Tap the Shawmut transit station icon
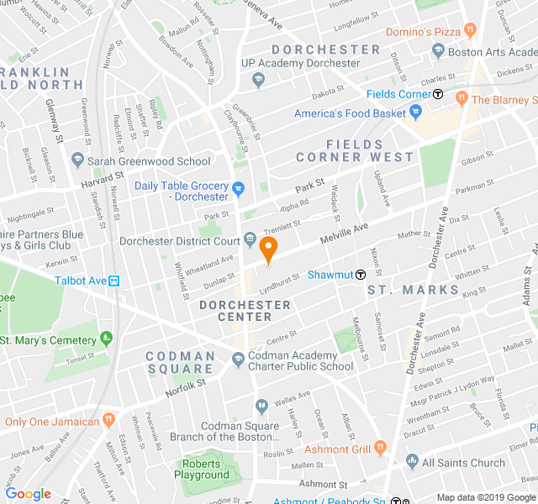click(x=361, y=274)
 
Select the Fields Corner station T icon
click(x=438, y=94)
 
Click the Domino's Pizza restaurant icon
click(x=471, y=31)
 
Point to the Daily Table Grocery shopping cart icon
click(x=238, y=188)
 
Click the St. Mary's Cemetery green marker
click(x=106, y=339)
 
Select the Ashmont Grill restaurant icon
click(x=380, y=449)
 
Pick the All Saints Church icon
click(x=412, y=461)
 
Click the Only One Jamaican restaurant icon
click(x=108, y=420)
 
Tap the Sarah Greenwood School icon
click(x=77, y=160)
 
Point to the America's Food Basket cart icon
click(x=414, y=113)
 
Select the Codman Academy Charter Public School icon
click(x=238, y=360)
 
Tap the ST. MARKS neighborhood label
click(x=414, y=290)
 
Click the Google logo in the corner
click(x=28, y=494)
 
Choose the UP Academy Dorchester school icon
click(x=258, y=80)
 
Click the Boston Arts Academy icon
click(x=438, y=51)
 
